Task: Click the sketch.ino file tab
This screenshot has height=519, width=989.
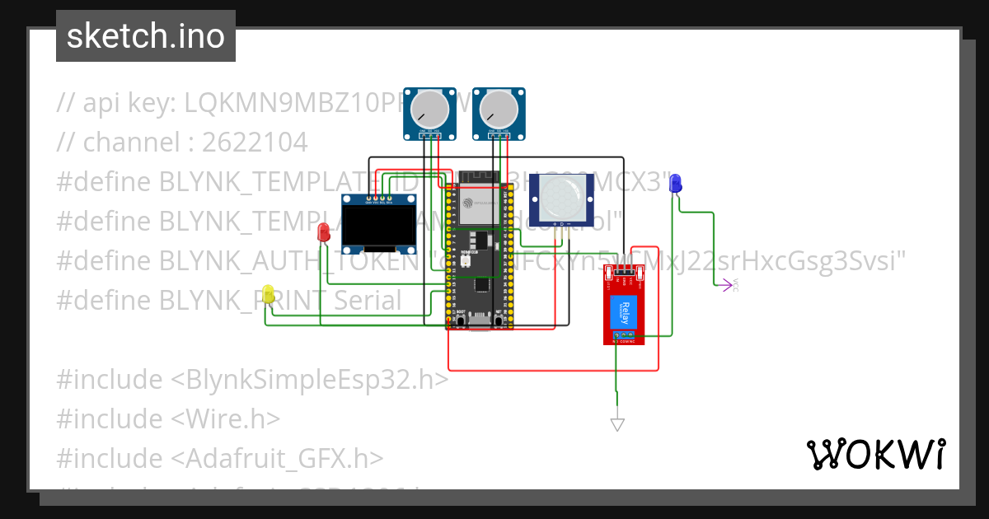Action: (x=145, y=36)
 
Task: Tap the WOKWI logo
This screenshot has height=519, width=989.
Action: (x=875, y=454)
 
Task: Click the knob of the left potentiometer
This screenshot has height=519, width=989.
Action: (x=429, y=108)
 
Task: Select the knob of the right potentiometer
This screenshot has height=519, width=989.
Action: (x=499, y=108)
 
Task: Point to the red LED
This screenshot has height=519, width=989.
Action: (x=325, y=232)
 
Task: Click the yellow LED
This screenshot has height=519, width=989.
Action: (x=268, y=293)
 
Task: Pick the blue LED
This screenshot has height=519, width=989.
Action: (x=676, y=183)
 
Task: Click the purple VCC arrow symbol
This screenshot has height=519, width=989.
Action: (x=726, y=285)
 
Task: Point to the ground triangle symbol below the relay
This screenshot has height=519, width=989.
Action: (x=616, y=424)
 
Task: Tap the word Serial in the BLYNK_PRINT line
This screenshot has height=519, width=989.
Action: (x=367, y=301)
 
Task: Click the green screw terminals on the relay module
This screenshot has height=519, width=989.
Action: (x=628, y=334)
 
